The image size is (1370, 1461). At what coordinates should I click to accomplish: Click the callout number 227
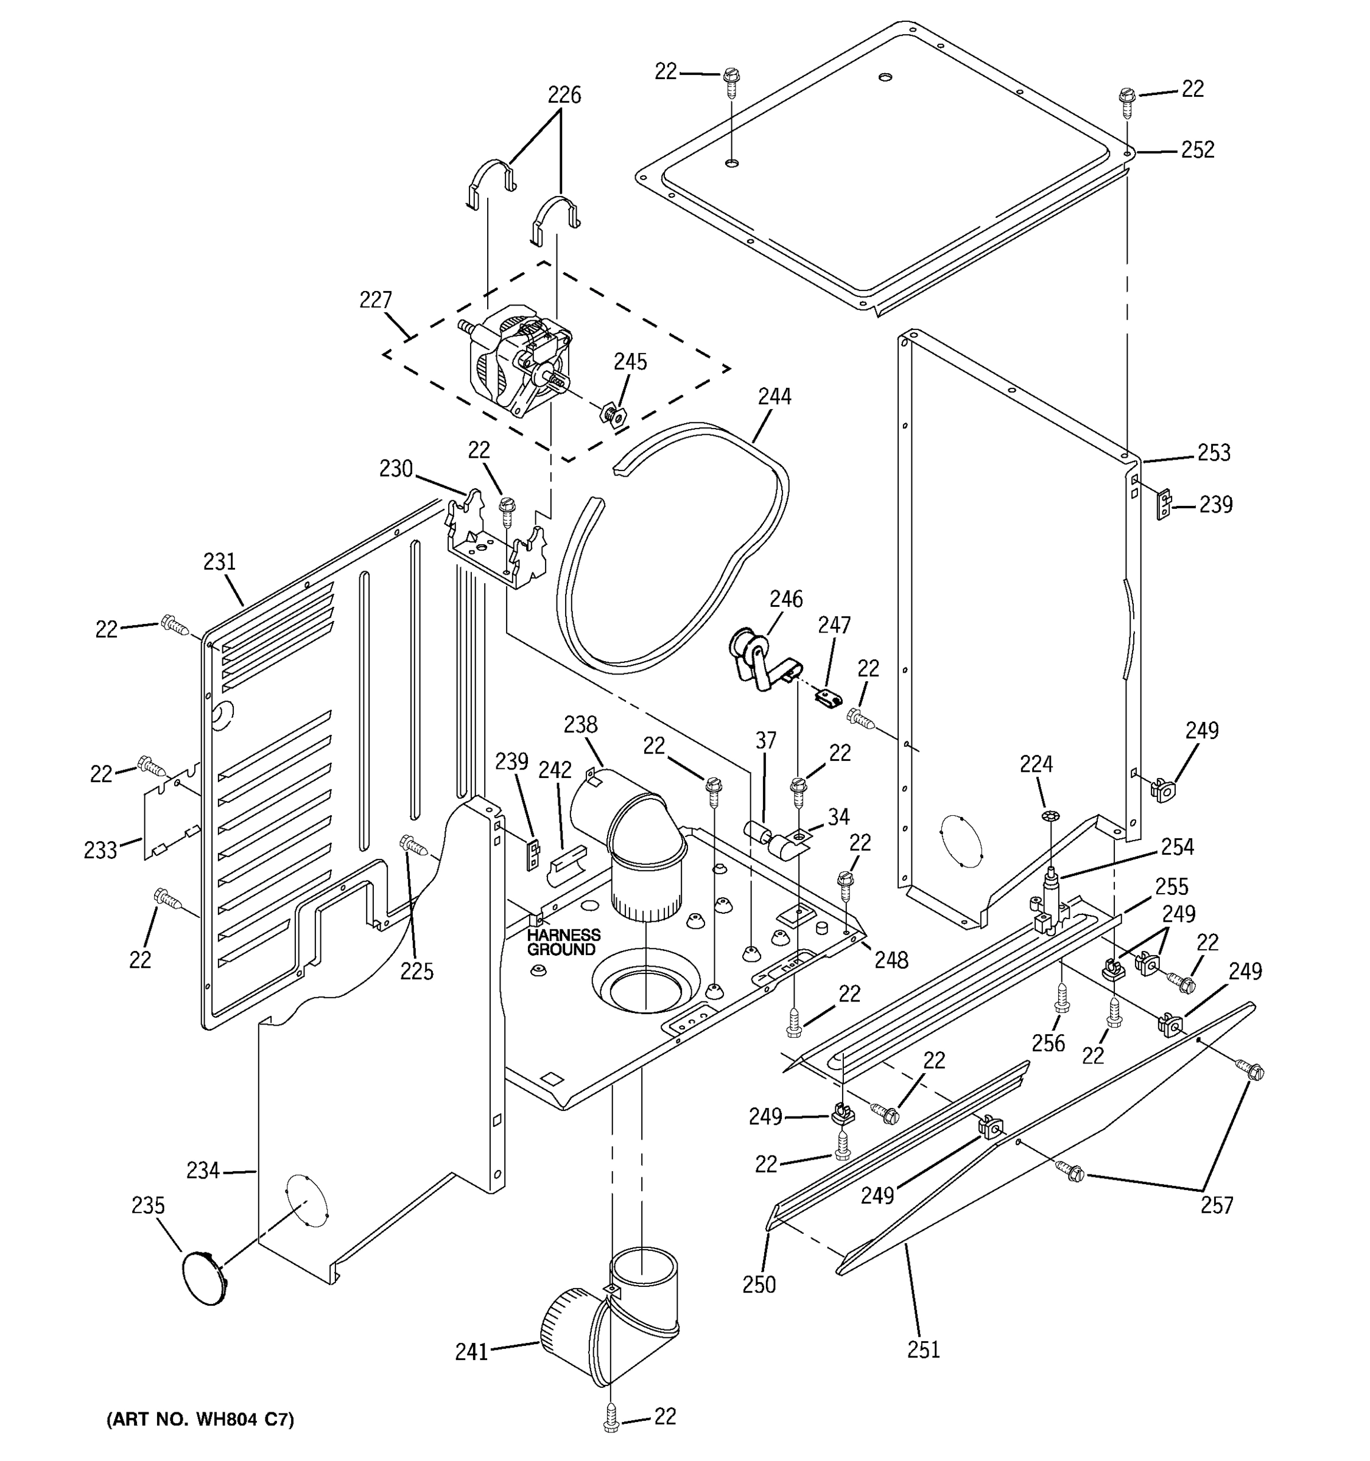pyautogui.click(x=376, y=300)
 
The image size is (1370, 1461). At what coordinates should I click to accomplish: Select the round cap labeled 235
pyautogui.click(x=203, y=1279)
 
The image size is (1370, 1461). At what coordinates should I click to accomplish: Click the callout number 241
pyautogui.click(x=471, y=1352)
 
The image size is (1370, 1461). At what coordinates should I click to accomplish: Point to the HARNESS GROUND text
pyautogui.click(x=563, y=942)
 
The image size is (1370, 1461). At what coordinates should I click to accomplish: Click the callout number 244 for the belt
pyautogui.click(x=775, y=397)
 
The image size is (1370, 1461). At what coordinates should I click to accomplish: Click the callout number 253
pyautogui.click(x=1214, y=453)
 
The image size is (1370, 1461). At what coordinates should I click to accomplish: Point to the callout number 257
pyautogui.click(x=1217, y=1205)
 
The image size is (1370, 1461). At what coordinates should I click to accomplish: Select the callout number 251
pyautogui.click(x=923, y=1349)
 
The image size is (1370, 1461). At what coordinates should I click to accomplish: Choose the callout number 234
pyautogui.click(x=203, y=1170)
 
